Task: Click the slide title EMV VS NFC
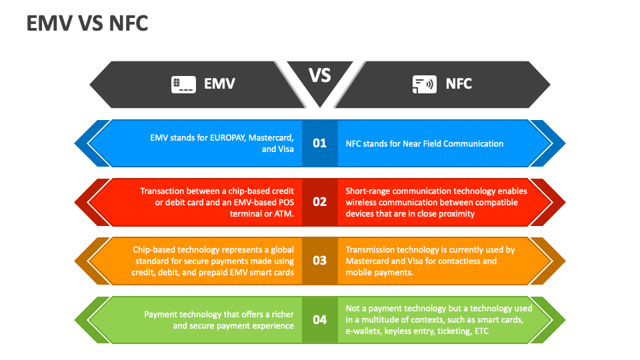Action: pyautogui.click(x=87, y=23)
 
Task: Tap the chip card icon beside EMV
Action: pyautogui.click(x=183, y=84)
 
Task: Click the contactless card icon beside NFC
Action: pyautogui.click(x=424, y=84)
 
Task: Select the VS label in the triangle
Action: pyautogui.click(x=320, y=75)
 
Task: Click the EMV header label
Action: pyautogui.click(x=219, y=84)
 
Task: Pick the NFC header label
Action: pyautogui.click(x=459, y=84)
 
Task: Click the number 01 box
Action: pyautogui.click(x=320, y=143)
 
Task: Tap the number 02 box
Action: pyautogui.click(x=320, y=202)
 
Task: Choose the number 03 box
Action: pyautogui.click(x=320, y=261)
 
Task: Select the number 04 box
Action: pyautogui.click(x=320, y=319)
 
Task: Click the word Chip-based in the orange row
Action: pyautogui.click(x=154, y=249)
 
